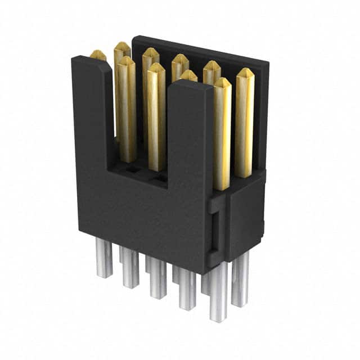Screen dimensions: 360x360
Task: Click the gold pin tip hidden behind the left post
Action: pyautogui.click(x=98, y=55)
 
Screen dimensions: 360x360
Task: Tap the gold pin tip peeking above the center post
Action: pyautogui.click(x=189, y=75)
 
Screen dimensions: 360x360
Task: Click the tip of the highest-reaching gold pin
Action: pyautogui.click(x=121, y=47)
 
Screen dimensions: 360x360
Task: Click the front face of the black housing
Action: pyautogui.click(x=141, y=219)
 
